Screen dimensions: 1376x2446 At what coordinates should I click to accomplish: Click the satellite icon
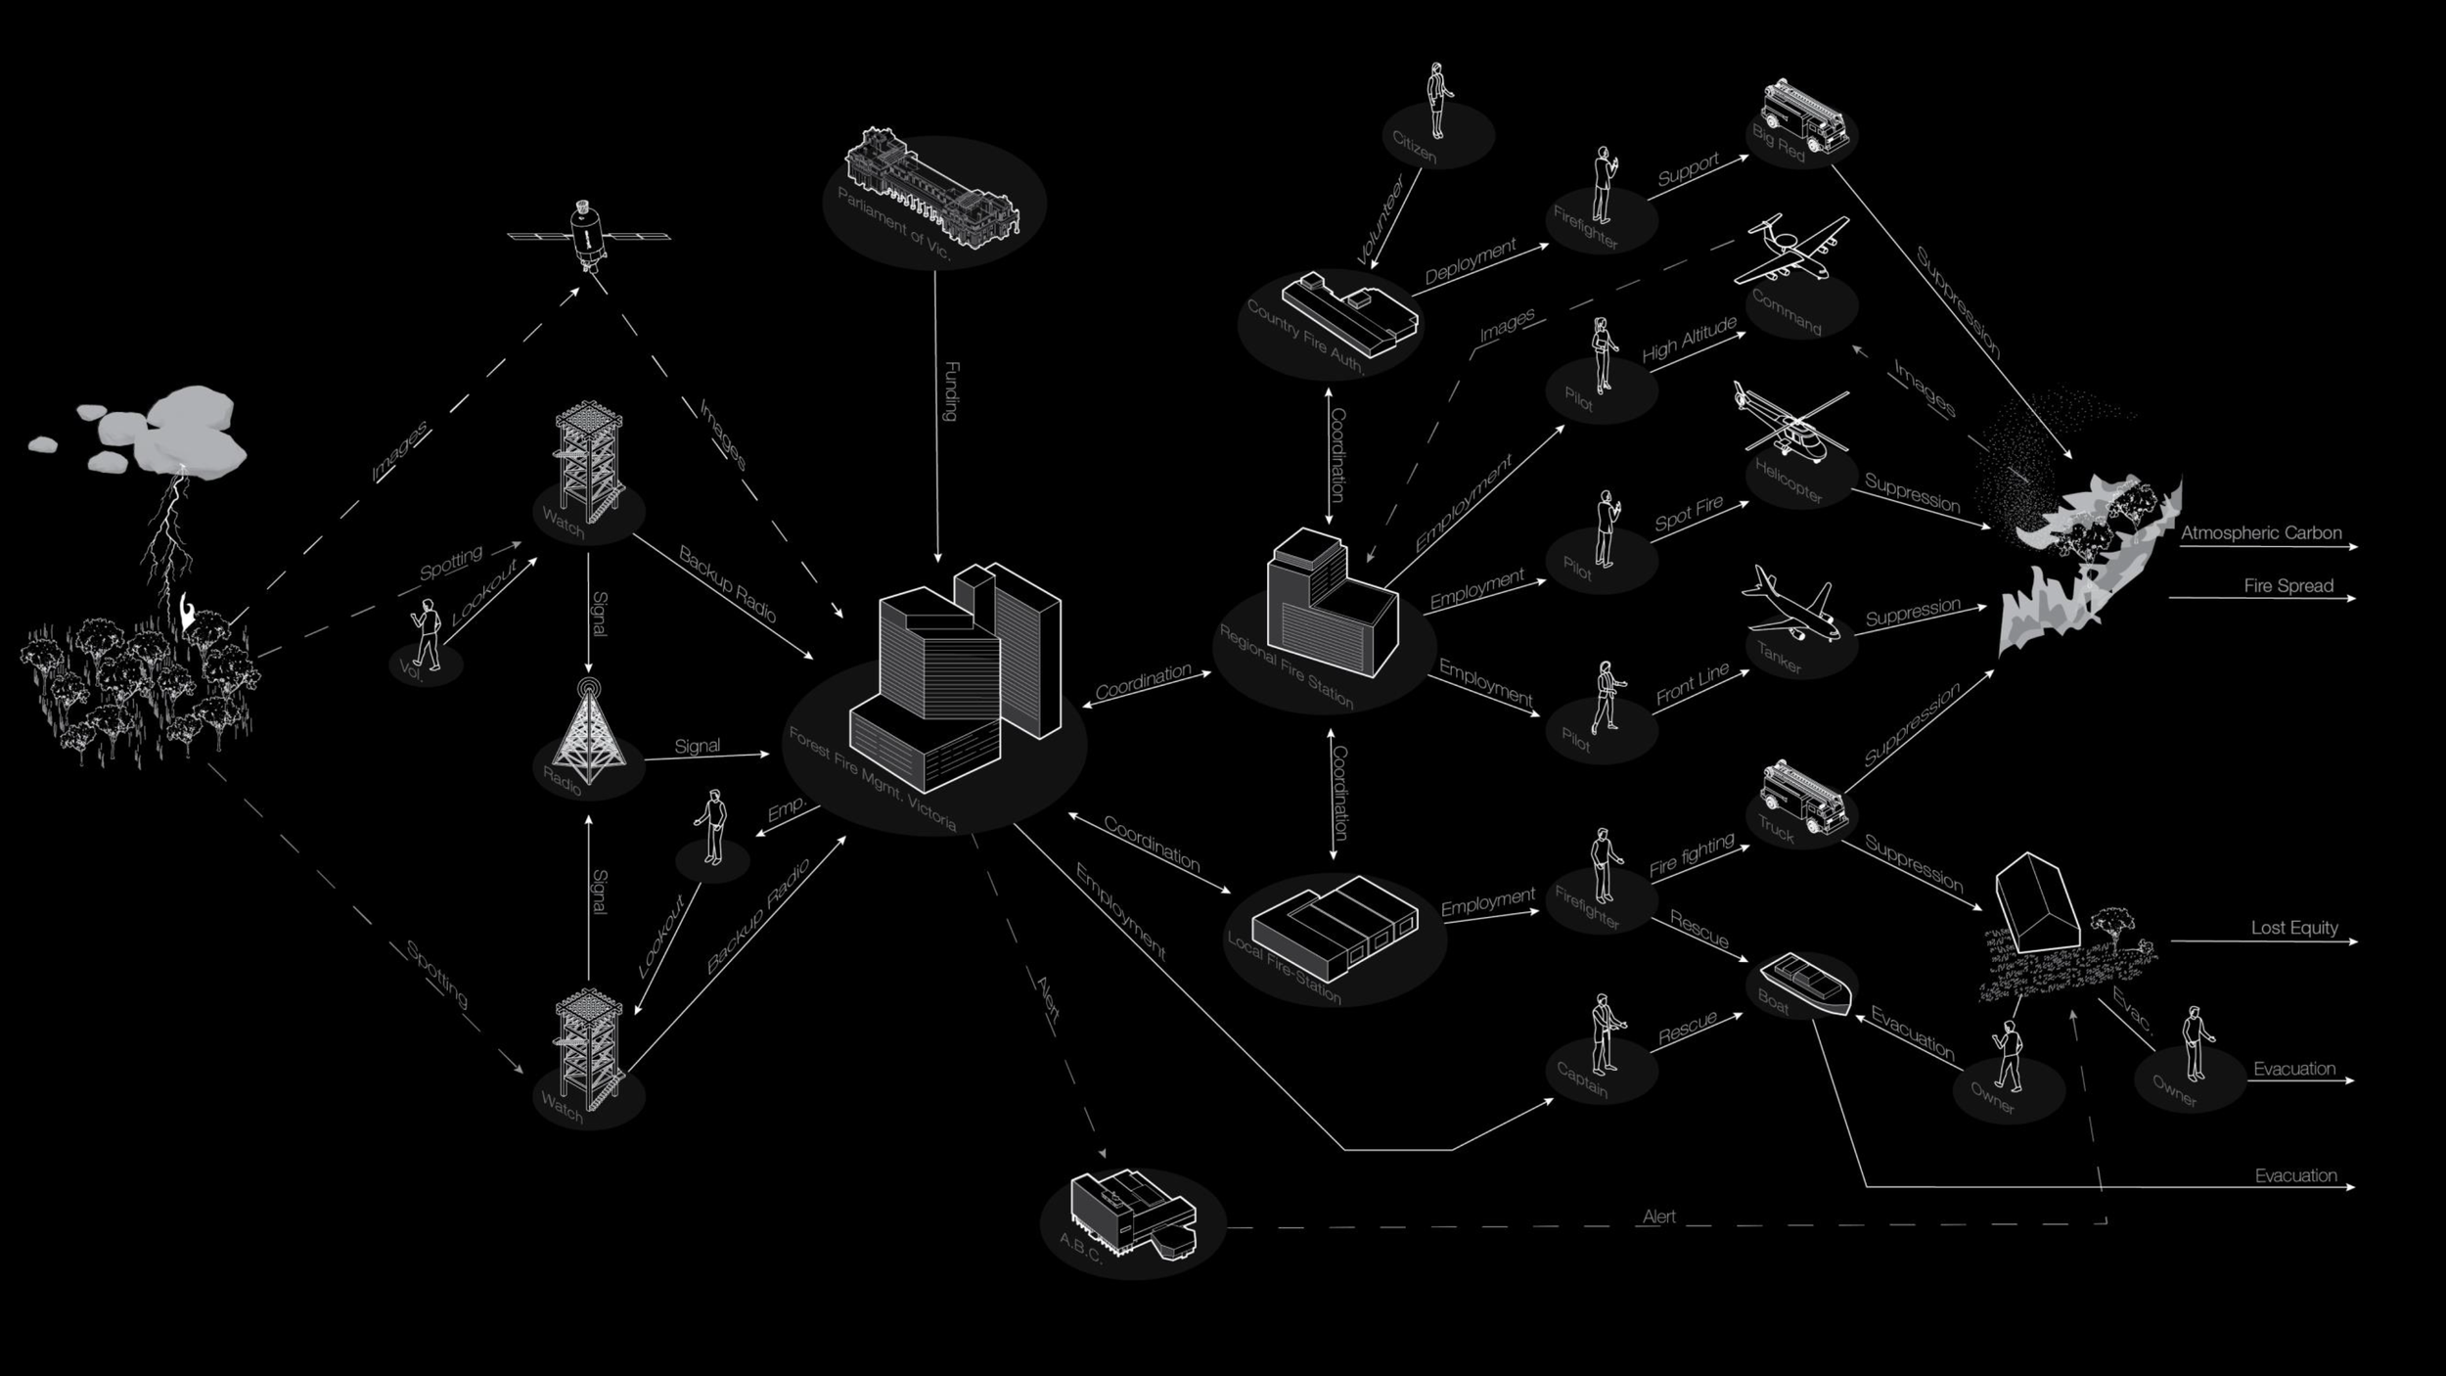coord(587,235)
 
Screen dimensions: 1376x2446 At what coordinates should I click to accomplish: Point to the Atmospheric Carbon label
coord(2260,533)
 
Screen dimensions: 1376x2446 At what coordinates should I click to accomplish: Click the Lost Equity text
coord(2293,928)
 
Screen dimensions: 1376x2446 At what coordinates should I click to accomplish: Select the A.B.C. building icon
coord(1131,1214)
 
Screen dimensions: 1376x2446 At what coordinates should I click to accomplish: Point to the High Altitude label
coord(1689,339)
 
